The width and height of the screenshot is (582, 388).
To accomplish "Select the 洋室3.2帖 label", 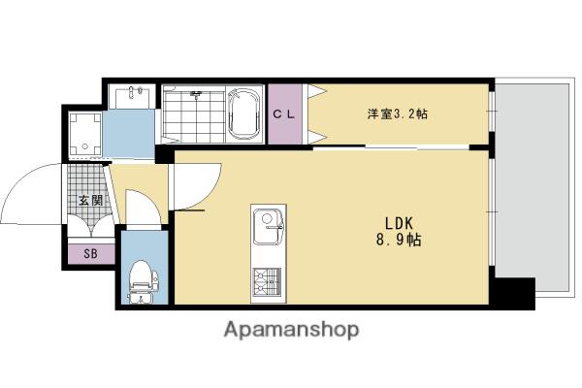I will point(397,114).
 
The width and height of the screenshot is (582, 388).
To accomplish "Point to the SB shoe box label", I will point(90,254).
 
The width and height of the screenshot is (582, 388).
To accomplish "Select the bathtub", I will point(242,114).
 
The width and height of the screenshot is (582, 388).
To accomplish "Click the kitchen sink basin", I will point(266,231).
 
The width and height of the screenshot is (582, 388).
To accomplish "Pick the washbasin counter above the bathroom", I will point(130,96).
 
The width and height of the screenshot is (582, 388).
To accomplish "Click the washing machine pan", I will point(85,134).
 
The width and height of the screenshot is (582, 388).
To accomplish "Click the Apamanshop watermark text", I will point(291,330).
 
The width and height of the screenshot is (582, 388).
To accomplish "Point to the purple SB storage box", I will point(90,254).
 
